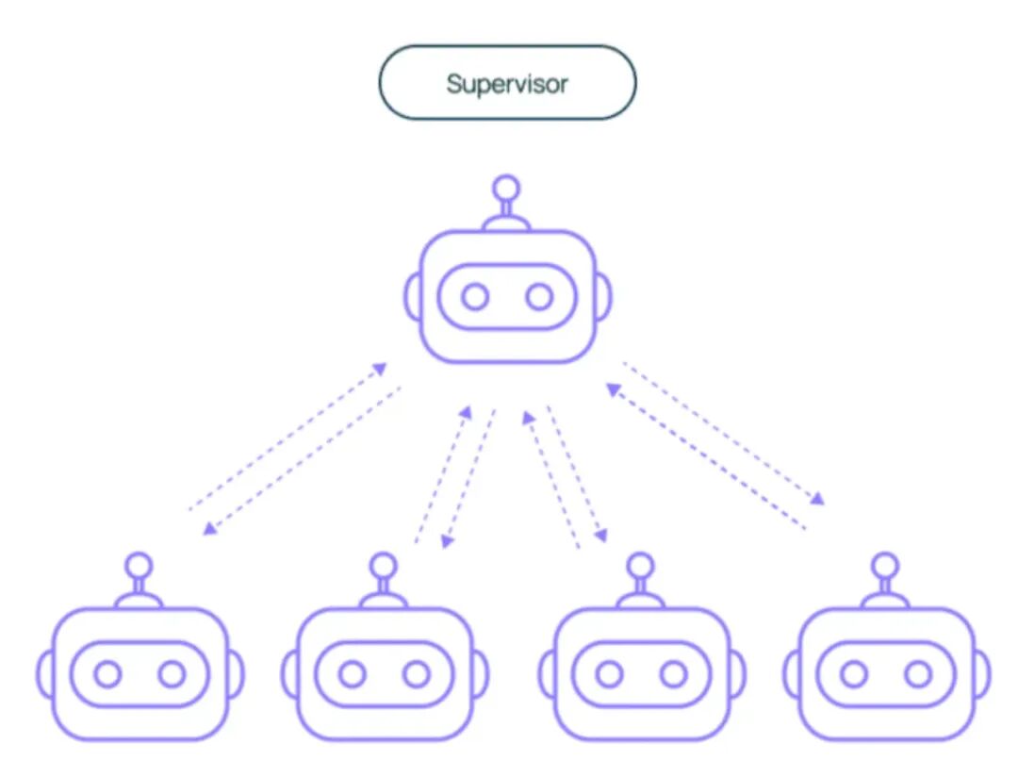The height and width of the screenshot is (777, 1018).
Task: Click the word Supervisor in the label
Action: click(507, 84)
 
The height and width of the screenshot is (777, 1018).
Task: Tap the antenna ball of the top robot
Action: click(507, 186)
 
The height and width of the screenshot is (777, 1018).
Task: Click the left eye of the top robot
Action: click(475, 297)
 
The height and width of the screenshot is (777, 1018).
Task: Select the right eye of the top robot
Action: click(539, 297)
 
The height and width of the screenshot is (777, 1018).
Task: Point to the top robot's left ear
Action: click(412, 296)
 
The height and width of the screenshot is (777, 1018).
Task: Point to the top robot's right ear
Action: click(603, 296)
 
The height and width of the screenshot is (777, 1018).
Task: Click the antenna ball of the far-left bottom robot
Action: click(140, 565)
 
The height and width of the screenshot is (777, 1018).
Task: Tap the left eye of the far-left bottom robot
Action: click(108, 674)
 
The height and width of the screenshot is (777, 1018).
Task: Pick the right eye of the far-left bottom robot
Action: click(172, 674)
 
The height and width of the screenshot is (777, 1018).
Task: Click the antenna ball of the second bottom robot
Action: click(384, 565)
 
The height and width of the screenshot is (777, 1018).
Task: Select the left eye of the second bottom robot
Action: click(353, 674)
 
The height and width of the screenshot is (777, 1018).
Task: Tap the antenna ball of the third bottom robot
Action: click(641, 565)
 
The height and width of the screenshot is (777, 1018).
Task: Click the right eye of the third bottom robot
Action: click(673, 674)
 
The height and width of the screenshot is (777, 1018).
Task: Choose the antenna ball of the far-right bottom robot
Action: click(885, 565)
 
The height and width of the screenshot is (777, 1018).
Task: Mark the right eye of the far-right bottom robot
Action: click(917, 674)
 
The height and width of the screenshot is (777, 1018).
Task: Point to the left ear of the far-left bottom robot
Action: click(44, 673)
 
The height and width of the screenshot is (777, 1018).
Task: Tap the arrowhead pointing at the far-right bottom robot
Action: click(818, 500)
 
